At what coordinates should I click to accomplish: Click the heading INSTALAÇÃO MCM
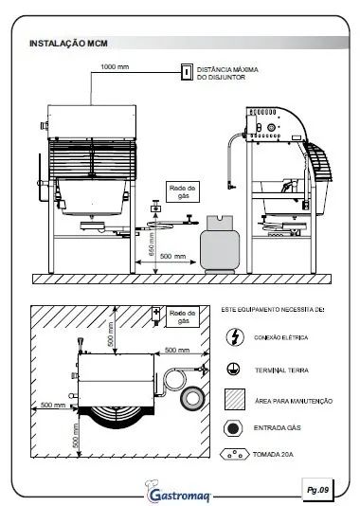pos(68,44)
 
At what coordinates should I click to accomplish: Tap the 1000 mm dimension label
pos(115,66)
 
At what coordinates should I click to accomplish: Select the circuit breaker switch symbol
pos(187,72)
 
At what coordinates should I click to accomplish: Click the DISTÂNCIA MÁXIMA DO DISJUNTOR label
pos(227,73)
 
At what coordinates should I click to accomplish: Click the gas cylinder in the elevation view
pos(220,244)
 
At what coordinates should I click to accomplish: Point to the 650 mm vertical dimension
pos(152,244)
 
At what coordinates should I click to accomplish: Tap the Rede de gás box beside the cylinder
pos(183,191)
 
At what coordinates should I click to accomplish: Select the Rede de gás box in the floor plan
pos(183,316)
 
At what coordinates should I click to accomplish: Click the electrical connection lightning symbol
pos(235,337)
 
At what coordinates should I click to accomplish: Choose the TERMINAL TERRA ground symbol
pos(233,370)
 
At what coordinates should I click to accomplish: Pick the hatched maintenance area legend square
pos(235,399)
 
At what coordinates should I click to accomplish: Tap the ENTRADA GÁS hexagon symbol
pos(233,428)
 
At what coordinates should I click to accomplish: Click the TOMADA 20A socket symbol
pos(235,455)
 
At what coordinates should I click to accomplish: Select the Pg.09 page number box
pos(317,490)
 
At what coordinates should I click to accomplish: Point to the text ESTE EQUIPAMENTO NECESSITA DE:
pos(273,310)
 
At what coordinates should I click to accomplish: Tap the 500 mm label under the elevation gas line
pos(173,256)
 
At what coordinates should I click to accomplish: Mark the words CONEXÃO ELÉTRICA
pos(281,337)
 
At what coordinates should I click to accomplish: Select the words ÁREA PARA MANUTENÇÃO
pos(294,401)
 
